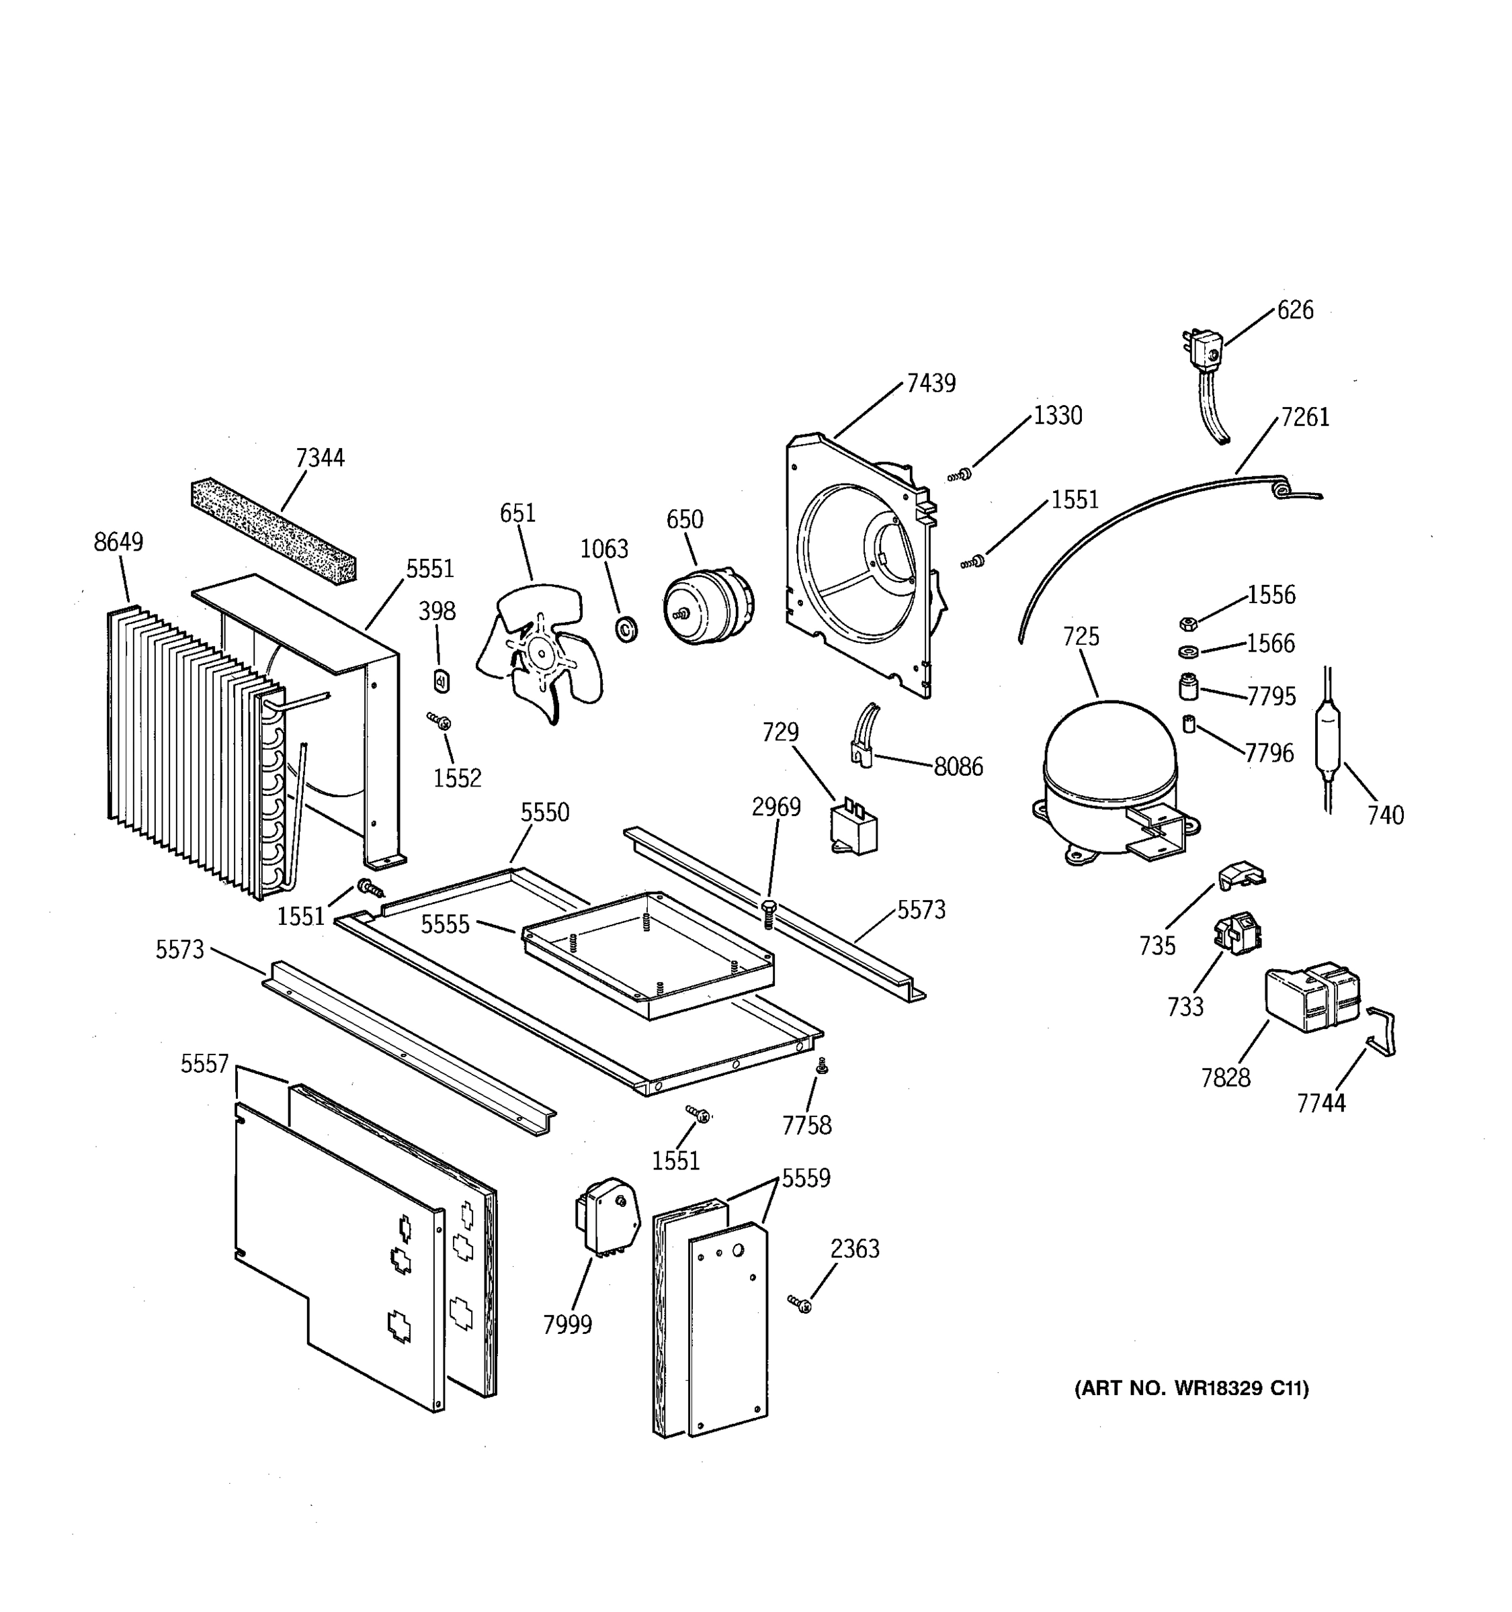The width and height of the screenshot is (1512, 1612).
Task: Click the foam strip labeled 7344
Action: tap(274, 531)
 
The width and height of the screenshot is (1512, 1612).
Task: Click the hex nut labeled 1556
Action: tap(1187, 623)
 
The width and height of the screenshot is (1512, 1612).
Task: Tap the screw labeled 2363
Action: tap(800, 1304)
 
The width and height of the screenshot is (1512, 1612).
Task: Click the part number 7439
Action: tap(931, 383)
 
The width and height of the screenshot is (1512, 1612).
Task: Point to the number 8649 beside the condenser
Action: tap(118, 541)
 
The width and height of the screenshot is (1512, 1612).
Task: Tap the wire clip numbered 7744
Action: tap(1382, 1032)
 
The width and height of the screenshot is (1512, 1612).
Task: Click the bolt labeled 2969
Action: tap(769, 913)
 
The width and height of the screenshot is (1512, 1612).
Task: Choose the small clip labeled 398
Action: tap(442, 681)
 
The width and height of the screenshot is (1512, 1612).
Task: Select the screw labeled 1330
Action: tap(960, 474)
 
